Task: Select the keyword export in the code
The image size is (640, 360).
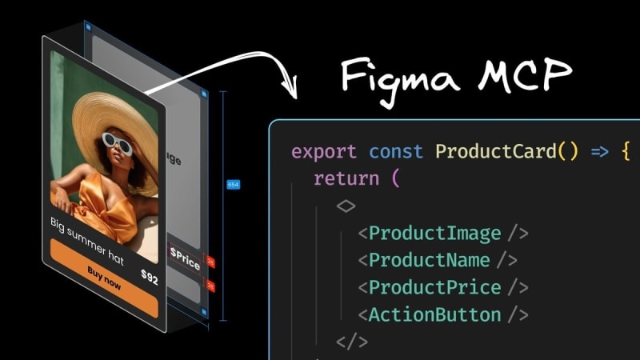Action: [x=324, y=151]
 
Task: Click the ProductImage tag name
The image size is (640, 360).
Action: [x=434, y=234]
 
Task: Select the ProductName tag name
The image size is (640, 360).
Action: [x=429, y=260]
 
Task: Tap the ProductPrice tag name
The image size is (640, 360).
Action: [x=434, y=287]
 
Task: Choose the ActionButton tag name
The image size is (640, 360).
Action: [x=434, y=314]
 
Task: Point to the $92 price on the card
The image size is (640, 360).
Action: [x=149, y=278]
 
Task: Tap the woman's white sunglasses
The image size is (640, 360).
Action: [x=118, y=144]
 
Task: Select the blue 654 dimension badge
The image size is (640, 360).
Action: [x=233, y=185]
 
